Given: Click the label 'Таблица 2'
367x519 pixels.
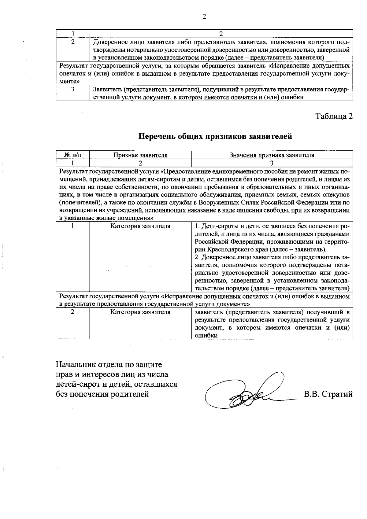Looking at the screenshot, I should point(334,116).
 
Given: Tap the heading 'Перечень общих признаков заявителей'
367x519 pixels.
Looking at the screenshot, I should point(215,136).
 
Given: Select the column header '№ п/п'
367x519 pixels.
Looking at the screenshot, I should point(73,155).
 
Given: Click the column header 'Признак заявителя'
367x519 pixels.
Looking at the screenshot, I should point(140,155).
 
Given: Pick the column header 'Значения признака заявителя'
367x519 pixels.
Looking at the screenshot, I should point(272,155).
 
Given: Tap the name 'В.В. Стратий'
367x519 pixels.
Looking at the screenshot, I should point(328,394).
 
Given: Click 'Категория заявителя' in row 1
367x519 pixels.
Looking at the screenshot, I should point(140,226).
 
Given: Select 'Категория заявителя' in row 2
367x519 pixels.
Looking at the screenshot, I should point(140,312).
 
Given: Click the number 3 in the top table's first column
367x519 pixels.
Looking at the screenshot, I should point(73,90).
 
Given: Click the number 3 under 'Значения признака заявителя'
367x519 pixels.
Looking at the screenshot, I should point(272,163).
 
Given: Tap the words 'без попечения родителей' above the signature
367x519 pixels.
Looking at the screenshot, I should point(102,394).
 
